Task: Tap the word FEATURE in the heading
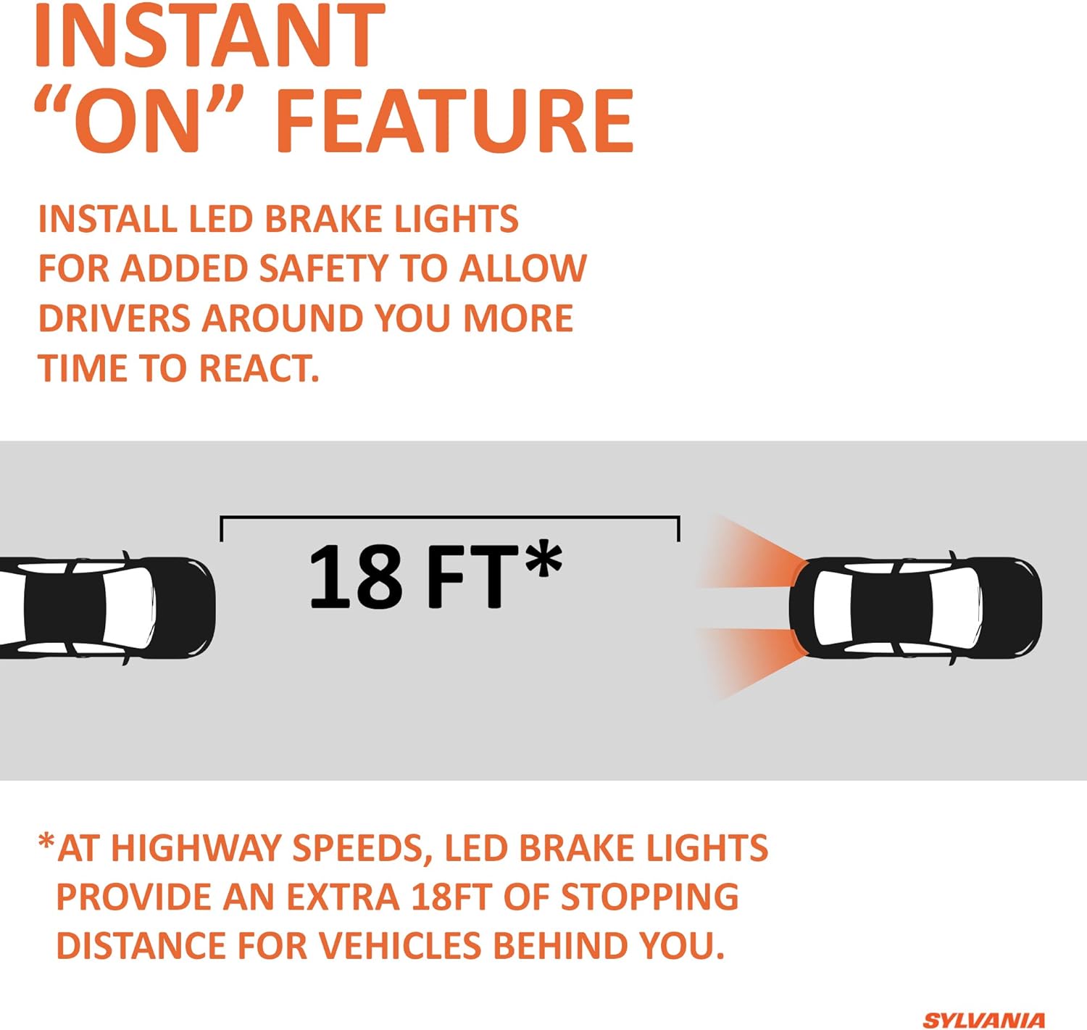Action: click(454, 120)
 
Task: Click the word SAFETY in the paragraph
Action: click(323, 269)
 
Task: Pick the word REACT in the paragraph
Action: click(259, 368)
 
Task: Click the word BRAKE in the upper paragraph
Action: click(323, 219)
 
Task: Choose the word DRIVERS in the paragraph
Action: click(114, 319)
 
